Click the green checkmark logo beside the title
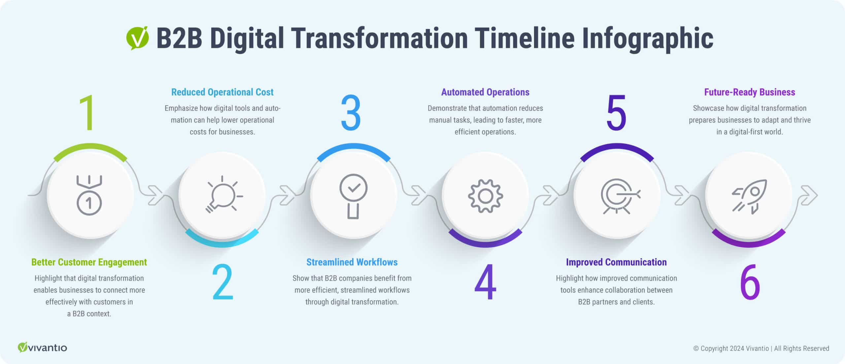tap(137, 38)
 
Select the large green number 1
tap(88, 113)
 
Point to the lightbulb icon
tap(223, 195)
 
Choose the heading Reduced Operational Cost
tap(222, 92)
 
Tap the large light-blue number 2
tap(223, 282)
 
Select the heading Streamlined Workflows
tap(352, 262)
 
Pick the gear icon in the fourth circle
tap(485, 196)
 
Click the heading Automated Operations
tap(485, 92)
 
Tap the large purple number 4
tap(485, 282)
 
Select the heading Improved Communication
tap(616, 262)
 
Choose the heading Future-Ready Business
tap(750, 92)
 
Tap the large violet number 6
tap(750, 282)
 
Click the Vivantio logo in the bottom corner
tap(42, 347)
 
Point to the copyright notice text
tap(761, 348)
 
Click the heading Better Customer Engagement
tap(89, 262)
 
